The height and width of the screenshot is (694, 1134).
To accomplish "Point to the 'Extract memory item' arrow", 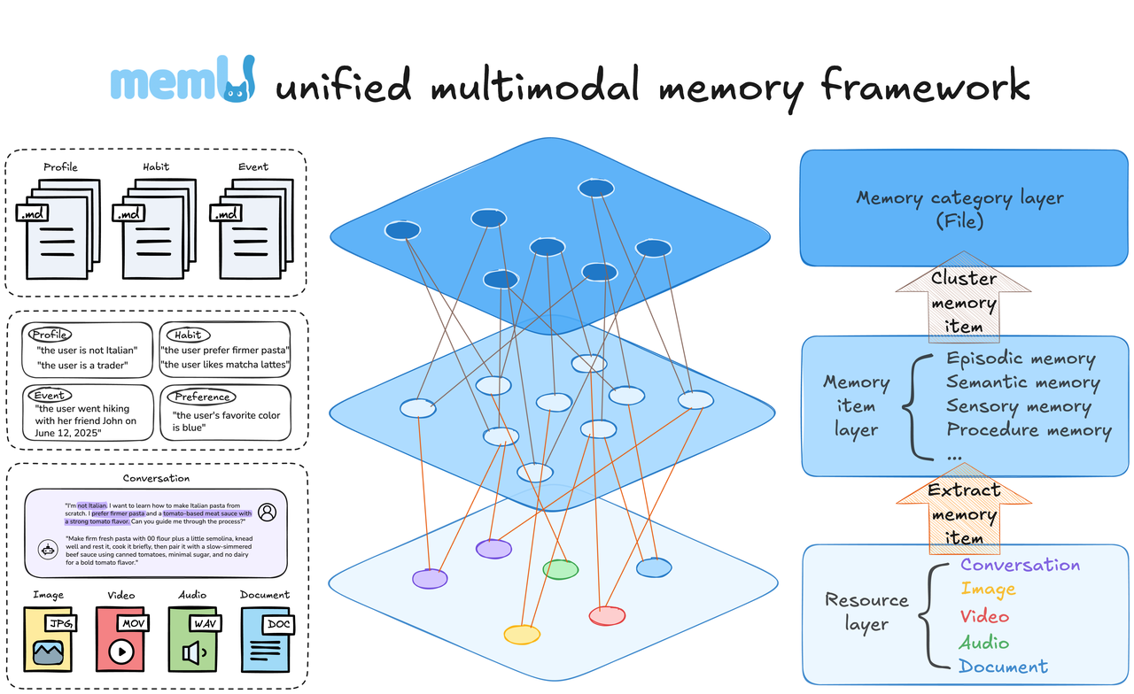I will [963, 513].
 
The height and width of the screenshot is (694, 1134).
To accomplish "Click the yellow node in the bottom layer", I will [522, 634].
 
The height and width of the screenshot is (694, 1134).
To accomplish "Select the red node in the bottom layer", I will [607, 615].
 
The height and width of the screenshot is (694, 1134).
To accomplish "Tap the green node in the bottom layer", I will [561, 569].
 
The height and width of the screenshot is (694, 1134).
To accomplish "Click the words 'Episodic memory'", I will [1021, 359].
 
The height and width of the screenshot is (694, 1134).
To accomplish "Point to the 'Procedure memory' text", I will [1029, 431].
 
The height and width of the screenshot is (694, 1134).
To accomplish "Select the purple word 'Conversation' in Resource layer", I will [1020, 566].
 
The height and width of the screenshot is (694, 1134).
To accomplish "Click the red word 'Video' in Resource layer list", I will [984, 616].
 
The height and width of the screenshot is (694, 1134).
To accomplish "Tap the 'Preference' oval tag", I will [203, 397].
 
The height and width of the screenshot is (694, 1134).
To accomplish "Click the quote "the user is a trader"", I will [82, 366].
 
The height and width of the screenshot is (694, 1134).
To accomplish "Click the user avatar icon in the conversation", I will [268, 512].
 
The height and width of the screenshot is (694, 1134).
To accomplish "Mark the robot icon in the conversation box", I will [47, 549].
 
